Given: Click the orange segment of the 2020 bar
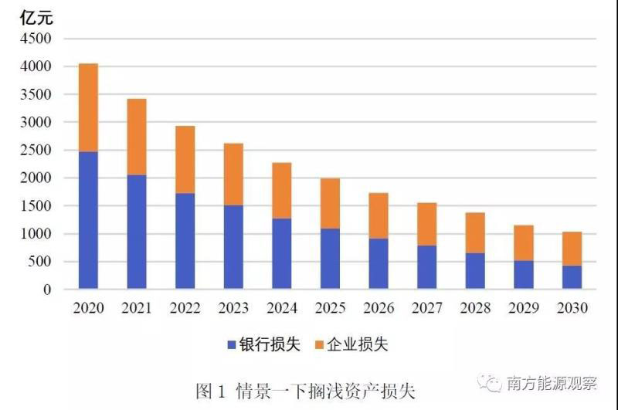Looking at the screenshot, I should tap(88, 107).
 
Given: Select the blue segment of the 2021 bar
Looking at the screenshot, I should tap(136, 232).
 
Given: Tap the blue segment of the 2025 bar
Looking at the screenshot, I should tap(330, 259).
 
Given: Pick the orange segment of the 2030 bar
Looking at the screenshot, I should tap(572, 249).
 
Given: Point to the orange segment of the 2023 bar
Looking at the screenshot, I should tap(233, 174).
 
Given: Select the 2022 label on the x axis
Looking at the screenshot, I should tap(185, 308).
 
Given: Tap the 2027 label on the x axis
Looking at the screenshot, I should tap(426, 308).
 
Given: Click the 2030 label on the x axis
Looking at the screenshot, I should tap(572, 308).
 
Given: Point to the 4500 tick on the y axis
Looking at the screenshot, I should tap(36, 39).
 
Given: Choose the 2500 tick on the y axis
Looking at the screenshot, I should tap(36, 151).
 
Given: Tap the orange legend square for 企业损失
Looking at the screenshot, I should tap(320, 344).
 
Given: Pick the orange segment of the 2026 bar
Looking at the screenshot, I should tap(378, 215).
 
